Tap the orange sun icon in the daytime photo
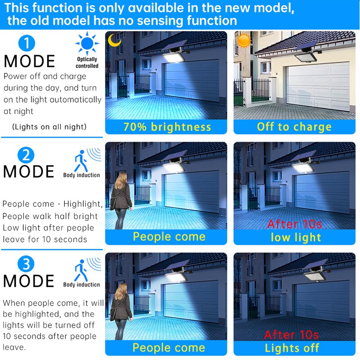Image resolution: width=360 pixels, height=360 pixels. tap(244, 40)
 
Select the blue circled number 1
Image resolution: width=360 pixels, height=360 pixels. tap(27, 43)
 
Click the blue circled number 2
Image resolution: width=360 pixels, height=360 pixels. tap(26, 155)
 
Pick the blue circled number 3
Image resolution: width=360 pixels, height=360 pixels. tap(26, 264)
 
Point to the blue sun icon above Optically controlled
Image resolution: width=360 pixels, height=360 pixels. tap(87, 43)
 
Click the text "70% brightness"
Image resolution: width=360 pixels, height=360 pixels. tap(167, 127)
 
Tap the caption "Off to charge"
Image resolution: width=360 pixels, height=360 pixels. tap(294, 127)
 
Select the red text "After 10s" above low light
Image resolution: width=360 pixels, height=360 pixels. tap(295, 224)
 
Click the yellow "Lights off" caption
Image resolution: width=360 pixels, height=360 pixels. tap(292, 348)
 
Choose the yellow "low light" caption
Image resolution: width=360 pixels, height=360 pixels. tap(296, 238)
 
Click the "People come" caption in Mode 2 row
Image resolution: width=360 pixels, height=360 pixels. tap(169, 237)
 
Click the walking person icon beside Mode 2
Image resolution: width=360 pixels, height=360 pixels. tap(81, 161)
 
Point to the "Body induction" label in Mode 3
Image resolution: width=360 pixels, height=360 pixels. tap(81, 285)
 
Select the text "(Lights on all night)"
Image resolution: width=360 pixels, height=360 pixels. tap(49, 127)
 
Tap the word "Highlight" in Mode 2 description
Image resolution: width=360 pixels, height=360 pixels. tap(83, 204)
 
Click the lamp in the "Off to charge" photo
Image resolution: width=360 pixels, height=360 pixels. tap(305, 58)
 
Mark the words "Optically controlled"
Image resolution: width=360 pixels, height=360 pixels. tap(87, 63)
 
